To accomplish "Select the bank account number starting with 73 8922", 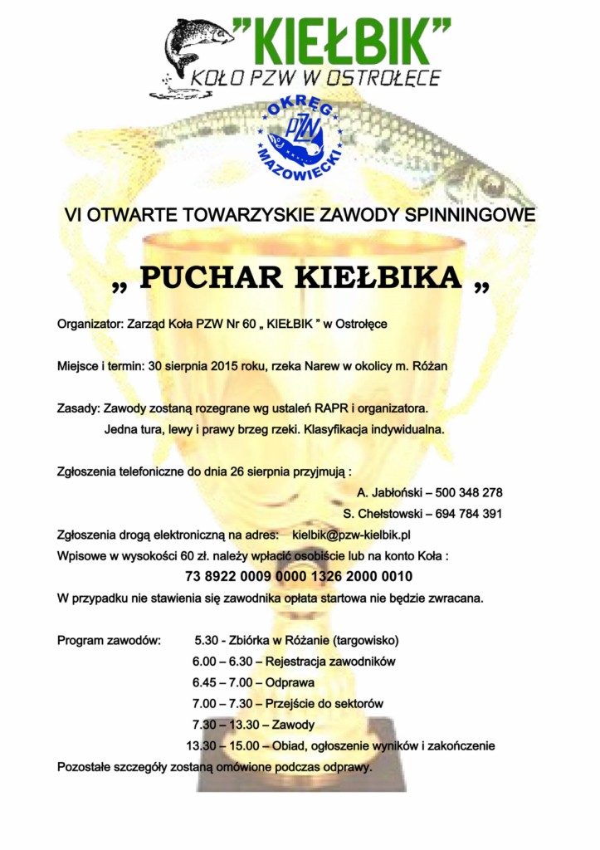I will click(x=299, y=577).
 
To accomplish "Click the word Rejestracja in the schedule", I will click(x=297, y=662).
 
